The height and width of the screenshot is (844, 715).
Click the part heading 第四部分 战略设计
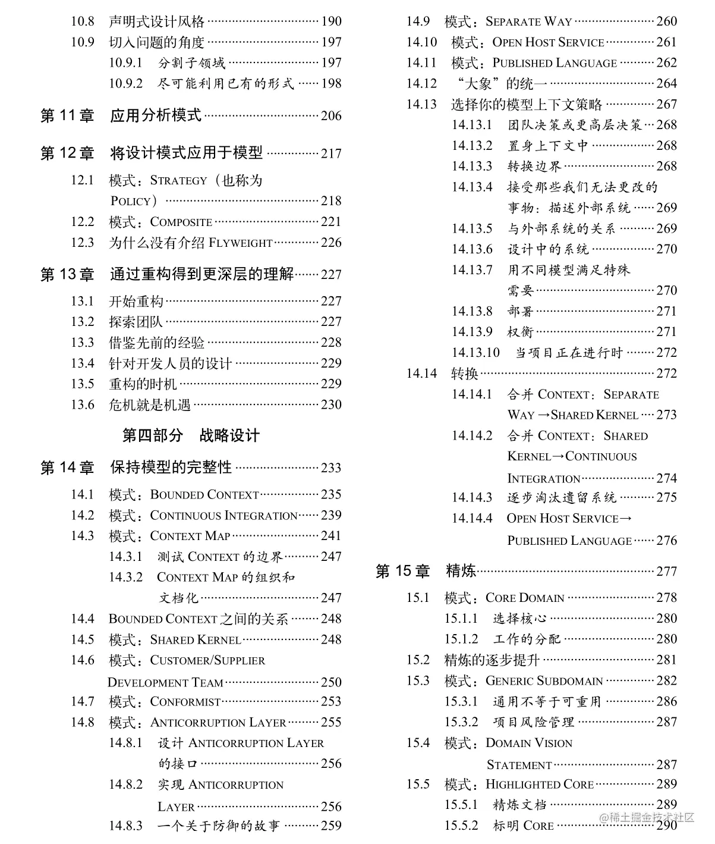coord(191,435)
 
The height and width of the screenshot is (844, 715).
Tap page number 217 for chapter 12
coord(331,153)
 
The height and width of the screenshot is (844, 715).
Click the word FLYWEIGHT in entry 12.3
coord(240,243)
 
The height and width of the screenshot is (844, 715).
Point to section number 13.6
coord(82,405)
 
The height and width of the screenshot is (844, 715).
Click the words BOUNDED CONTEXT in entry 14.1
coord(204,495)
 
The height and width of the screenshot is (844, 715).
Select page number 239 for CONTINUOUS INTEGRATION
coord(331,515)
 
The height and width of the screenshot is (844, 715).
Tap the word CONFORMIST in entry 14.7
coord(185,702)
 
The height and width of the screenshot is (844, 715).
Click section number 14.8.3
coord(125,826)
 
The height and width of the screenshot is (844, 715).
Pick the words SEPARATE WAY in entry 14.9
coord(528,22)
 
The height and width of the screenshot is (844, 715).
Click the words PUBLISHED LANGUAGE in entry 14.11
coord(555,63)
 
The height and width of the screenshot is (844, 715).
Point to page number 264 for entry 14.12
coord(666,84)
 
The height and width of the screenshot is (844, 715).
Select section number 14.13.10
coord(475,353)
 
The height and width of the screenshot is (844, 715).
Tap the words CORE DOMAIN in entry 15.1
coord(525,598)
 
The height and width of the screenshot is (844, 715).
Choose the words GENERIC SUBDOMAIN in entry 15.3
coord(544,680)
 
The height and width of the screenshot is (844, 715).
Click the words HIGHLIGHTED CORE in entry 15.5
coord(539,785)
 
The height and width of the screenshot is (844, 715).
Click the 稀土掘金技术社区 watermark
coord(647,817)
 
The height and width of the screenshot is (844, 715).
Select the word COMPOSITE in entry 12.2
coord(181,222)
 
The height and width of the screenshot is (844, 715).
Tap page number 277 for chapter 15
coord(666,572)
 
